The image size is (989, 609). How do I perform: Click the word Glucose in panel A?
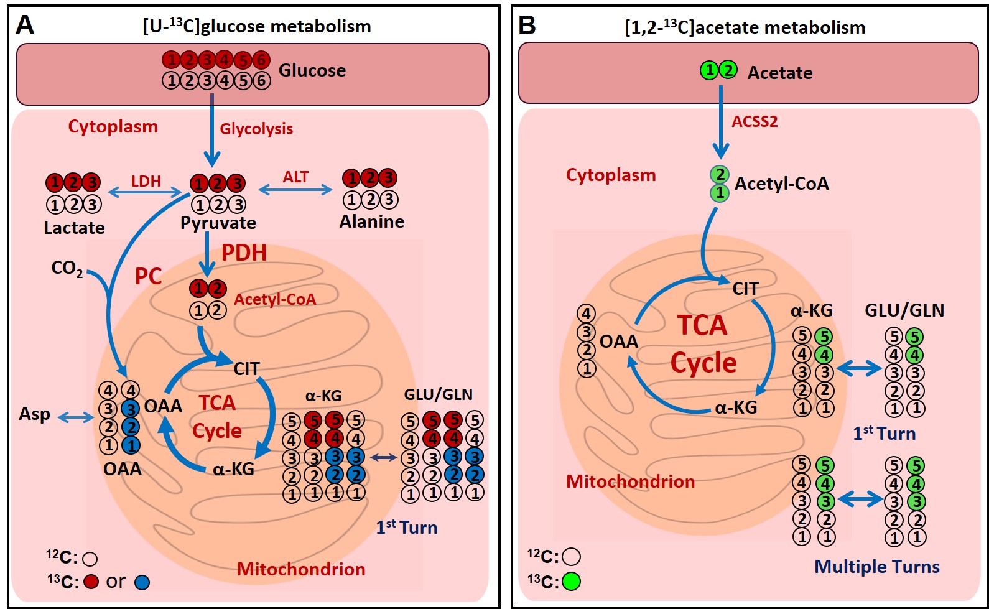click(x=312, y=70)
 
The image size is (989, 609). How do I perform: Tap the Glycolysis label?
click(x=256, y=129)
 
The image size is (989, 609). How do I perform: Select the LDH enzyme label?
click(x=146, y=181)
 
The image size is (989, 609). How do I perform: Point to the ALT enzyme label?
click(x=295, y=177)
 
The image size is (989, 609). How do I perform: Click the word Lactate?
click(x=74, y=228)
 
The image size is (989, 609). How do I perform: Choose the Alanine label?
click(x=372, y=221)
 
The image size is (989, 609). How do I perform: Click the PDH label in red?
click(x=244, y=253)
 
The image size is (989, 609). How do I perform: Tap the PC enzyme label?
click(x=148, y=276)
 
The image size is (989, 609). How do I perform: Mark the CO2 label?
click(x=67, y=268)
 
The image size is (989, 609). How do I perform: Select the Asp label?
click(x=34, y=414)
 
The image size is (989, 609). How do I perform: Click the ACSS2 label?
click(x=755, y=121)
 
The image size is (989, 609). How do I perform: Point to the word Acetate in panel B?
click(x=780, y=73)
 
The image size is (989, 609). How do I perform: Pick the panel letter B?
click(x=527, y=26)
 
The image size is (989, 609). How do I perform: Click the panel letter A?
click(x=25, y=25)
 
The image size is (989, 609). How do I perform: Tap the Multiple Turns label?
click(x=876, y=567)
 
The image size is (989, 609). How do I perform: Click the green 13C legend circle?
click(x=571, y=581)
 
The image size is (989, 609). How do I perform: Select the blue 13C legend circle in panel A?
click(x=142, y=582)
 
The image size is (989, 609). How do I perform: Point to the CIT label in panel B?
click(x=745, y=289)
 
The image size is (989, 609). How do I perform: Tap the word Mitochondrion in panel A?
click(x=301, y=569)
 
